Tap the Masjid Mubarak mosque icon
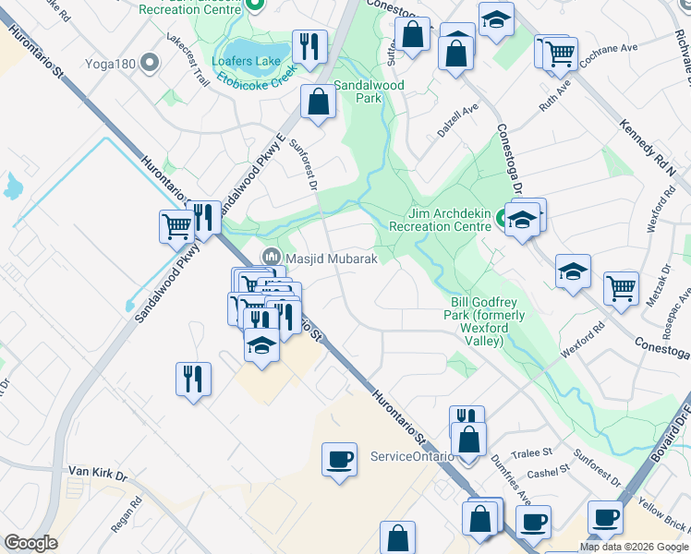point(272,256)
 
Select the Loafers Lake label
point(245,62)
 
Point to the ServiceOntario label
point(411,456)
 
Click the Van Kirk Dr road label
point(96,471)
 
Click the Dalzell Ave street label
point(458,121)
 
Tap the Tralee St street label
point(534,452)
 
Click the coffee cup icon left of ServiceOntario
point(339,458)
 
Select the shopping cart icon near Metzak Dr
point(621,286)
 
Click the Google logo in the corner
point(30,543)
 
